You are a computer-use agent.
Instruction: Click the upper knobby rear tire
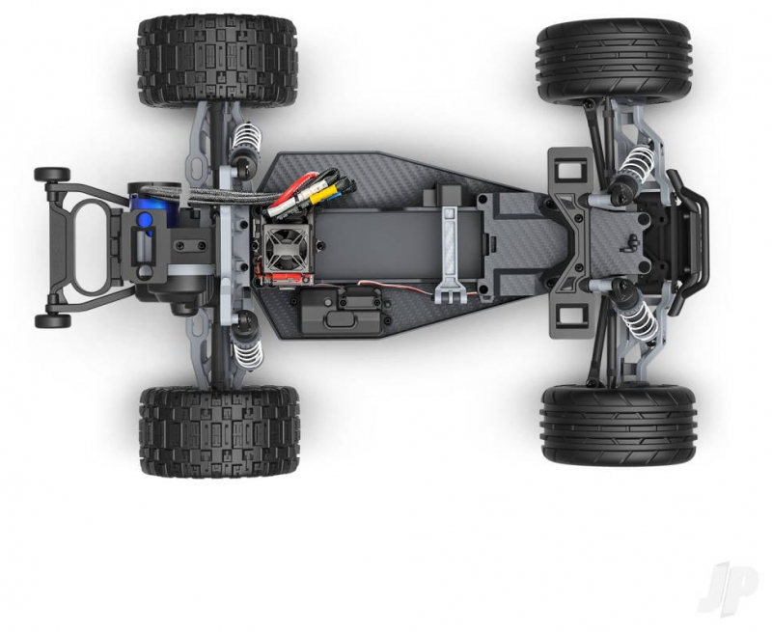[218, 61]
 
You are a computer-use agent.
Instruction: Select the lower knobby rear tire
[220, 431]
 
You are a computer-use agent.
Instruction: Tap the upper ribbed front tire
[616, 61]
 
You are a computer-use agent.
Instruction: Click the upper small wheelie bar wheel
[52, 175]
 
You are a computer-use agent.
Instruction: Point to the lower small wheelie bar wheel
[52, 321]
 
